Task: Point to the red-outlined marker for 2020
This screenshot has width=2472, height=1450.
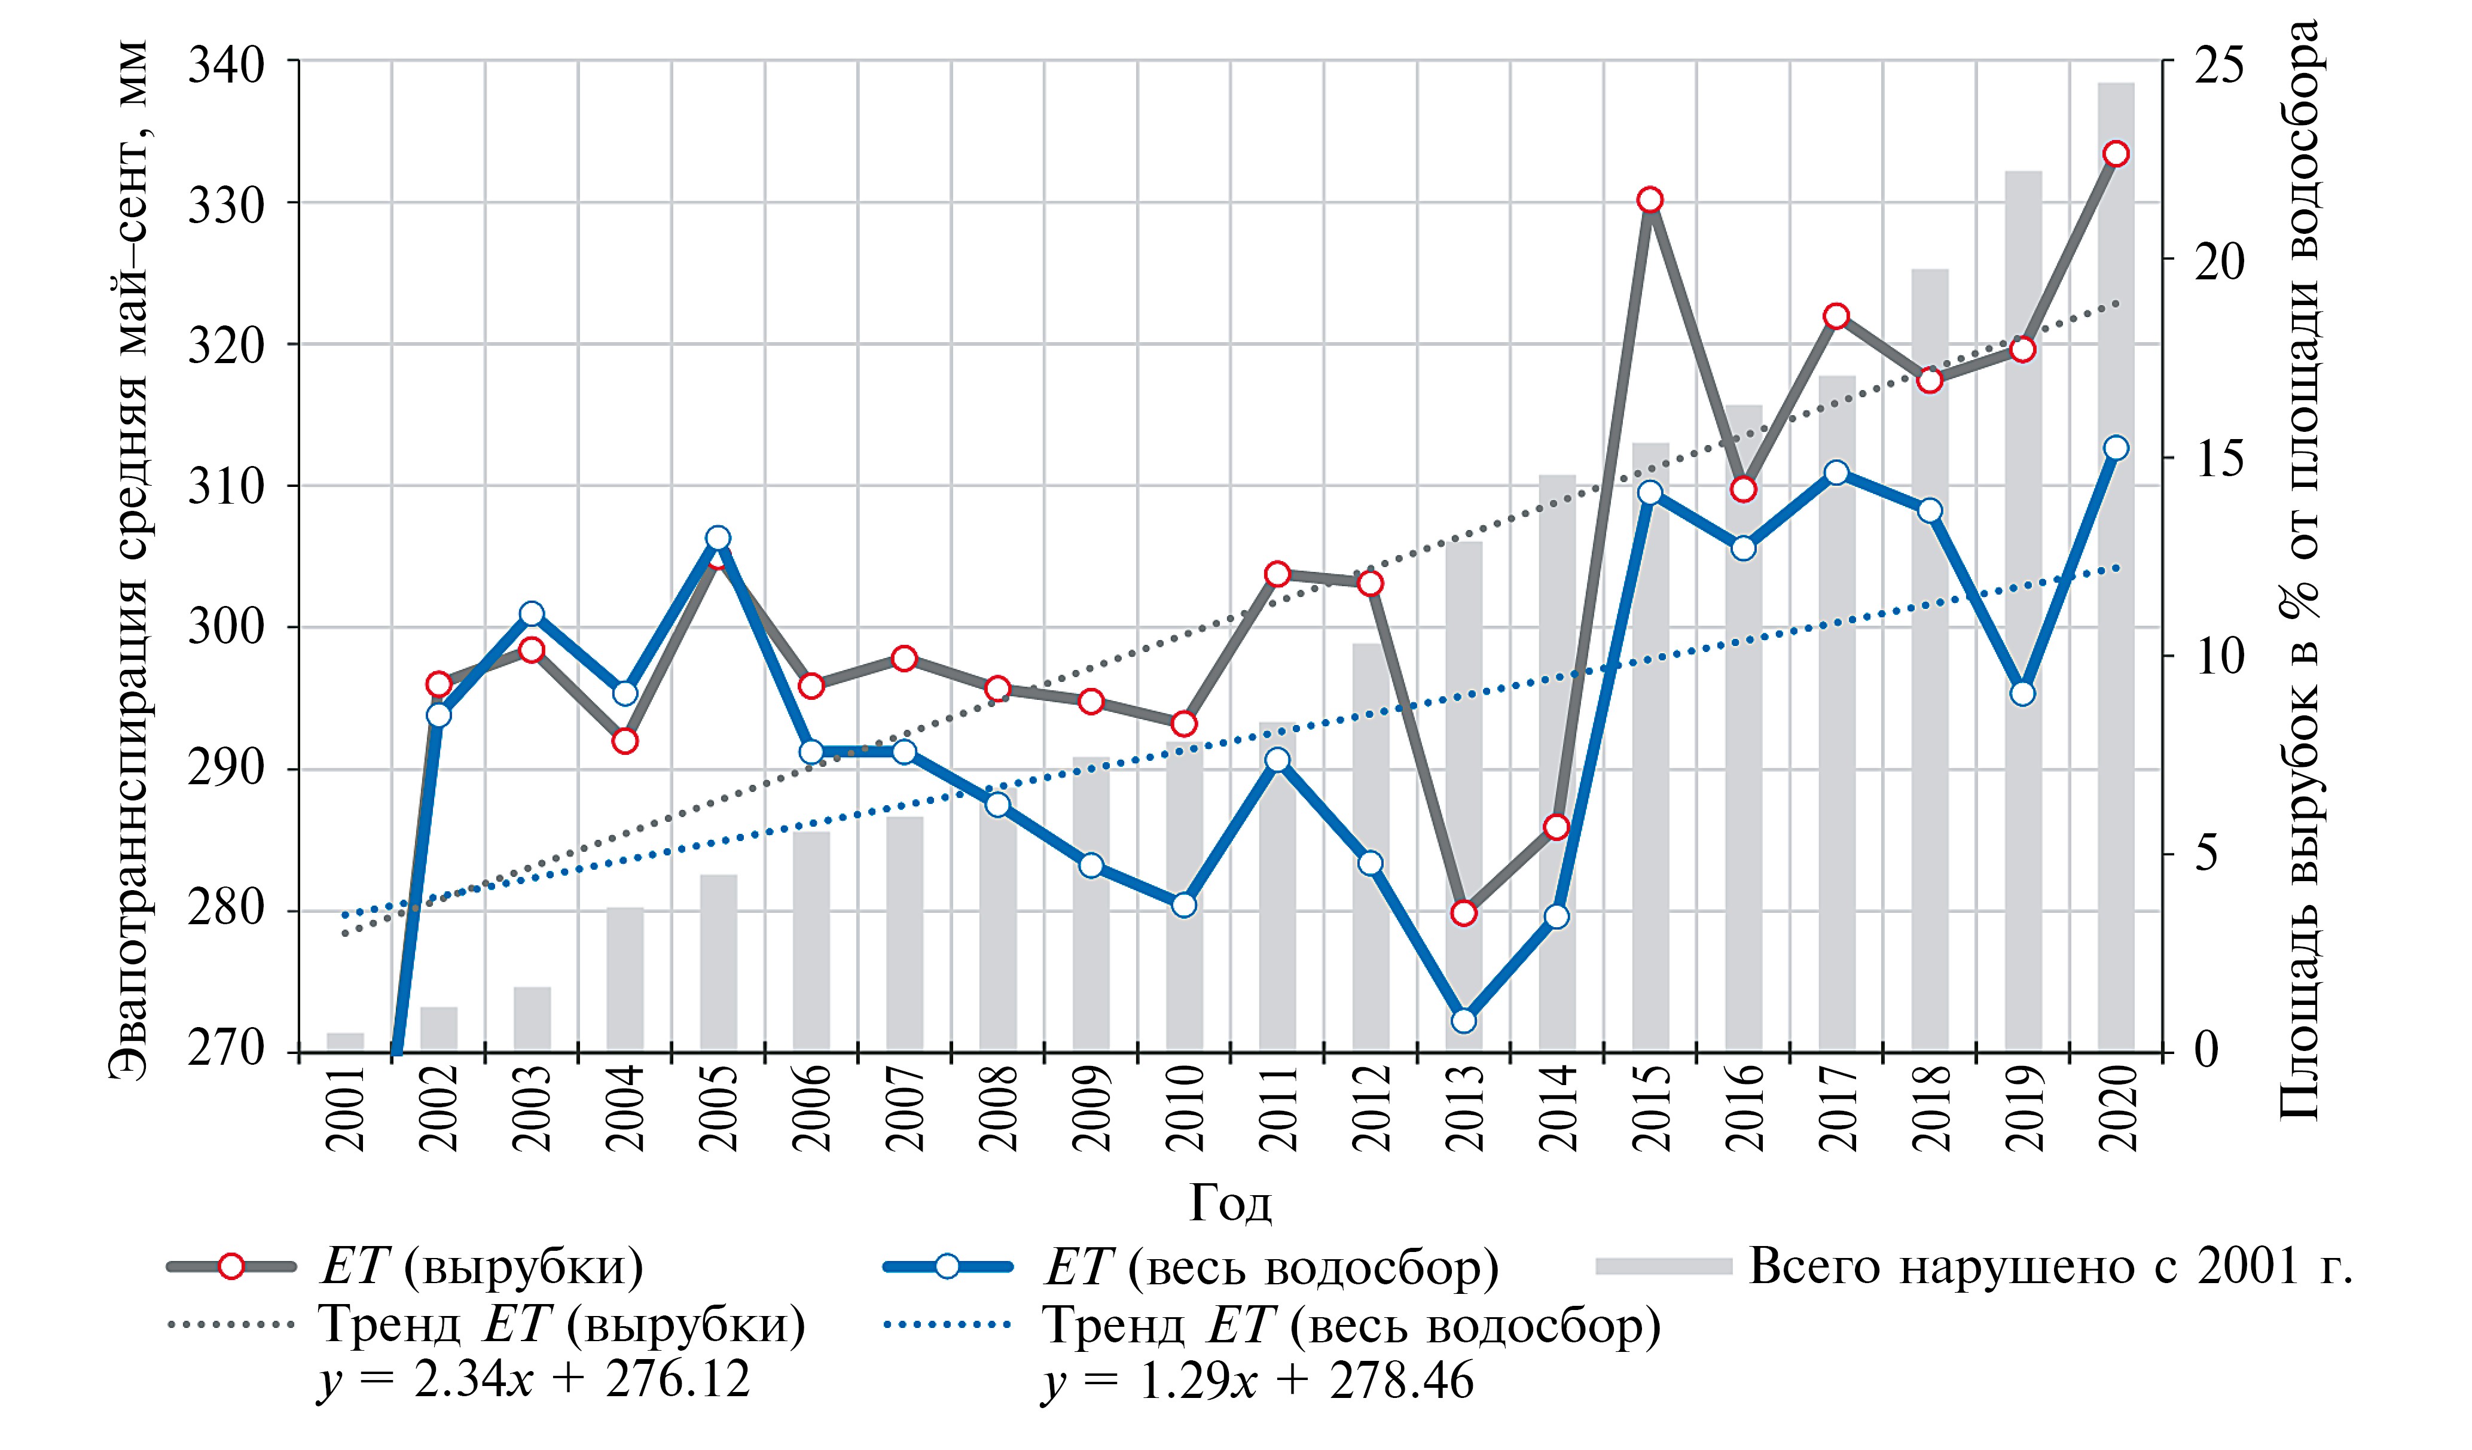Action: click(2116, 154)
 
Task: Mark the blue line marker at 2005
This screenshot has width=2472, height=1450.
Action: click(718, 538)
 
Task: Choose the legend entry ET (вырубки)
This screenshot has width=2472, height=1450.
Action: click(481, 1266)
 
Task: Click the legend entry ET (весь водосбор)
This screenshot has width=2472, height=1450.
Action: click(1270, 1266)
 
